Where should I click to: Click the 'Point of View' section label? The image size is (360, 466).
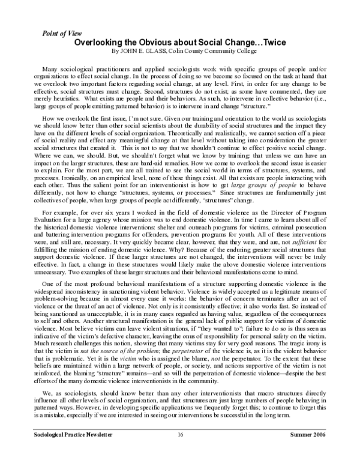[x=62, y=34]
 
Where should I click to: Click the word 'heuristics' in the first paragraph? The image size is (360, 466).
[x=64, y=98]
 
